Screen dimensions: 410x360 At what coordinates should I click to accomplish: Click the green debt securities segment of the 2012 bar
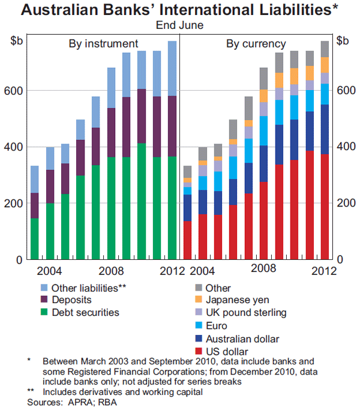pyautogui.click(x=172, y=208)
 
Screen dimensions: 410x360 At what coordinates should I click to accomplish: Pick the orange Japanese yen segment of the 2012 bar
pyautogui.click(x=325, y=65)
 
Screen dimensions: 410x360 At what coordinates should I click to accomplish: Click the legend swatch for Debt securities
pyautogui.click(x=44, y=312)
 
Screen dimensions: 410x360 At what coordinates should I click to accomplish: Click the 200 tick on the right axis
pyautogui.click(x=344, y=203)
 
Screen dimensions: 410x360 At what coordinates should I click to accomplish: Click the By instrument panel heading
pyautogui.click(x=103, y=44)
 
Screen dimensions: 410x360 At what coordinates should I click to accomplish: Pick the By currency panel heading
pyautogui.click(x=256, y=44)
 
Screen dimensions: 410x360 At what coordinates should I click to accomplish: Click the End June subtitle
pyautogui.click(x=179, y=25)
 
